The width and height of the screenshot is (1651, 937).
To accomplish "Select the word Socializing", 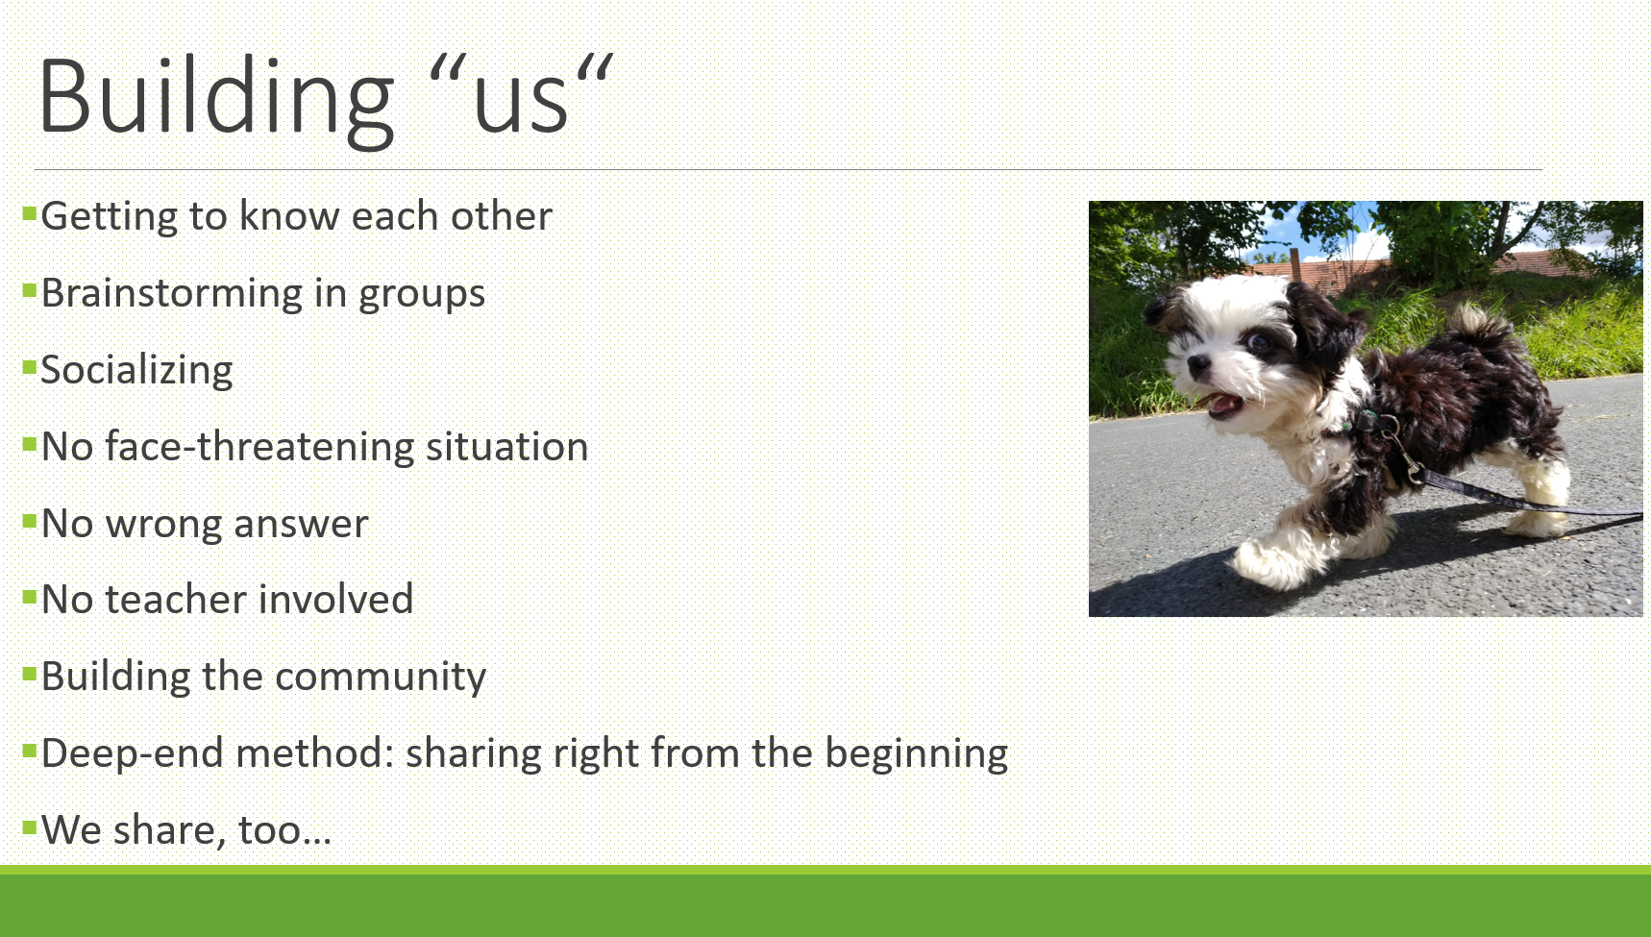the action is click(136, 371).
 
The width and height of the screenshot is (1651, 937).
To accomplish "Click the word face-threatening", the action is click(259, 448).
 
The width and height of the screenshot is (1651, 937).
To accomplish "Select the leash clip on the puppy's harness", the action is click(1408, 464).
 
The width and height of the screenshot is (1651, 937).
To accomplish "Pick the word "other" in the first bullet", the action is click(502, 216).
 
